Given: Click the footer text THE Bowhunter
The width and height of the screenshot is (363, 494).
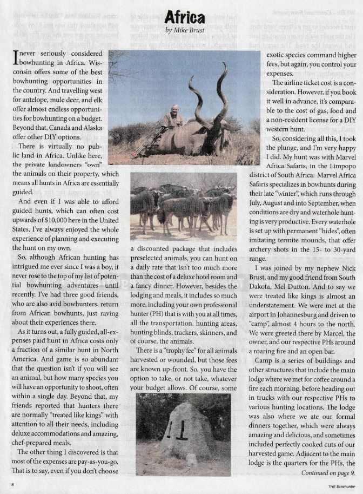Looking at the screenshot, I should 341,485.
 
